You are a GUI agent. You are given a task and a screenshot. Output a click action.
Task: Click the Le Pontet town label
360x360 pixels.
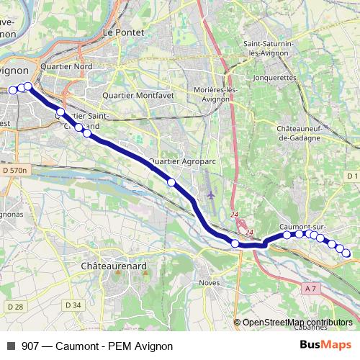pos(120,32)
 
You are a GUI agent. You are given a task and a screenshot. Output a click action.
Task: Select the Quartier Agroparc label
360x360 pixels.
pos(183,162)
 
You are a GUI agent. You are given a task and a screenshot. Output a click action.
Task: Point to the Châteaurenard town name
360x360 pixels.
pos(114,266)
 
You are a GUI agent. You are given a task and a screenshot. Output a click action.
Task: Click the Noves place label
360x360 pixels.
pos(210,282)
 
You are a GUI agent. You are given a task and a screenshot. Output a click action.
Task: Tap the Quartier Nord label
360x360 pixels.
pos(67,67)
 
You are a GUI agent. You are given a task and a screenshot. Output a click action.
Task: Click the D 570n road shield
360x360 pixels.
pos(14,171)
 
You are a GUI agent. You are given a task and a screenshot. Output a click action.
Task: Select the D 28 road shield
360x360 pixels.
pos(14,307)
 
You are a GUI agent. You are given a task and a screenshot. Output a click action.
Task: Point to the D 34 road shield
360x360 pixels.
pos(73,305)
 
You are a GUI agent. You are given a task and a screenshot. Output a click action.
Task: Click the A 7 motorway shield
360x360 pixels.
pos(310,289)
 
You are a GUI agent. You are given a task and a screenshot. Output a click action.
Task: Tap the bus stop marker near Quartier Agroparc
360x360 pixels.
pos(171,182)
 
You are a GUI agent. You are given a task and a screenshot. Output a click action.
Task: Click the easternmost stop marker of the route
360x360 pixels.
pos(346,253)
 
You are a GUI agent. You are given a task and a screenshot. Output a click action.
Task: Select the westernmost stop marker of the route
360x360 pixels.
pos(13,90)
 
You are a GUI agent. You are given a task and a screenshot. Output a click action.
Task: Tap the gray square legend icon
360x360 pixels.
pos(11,346)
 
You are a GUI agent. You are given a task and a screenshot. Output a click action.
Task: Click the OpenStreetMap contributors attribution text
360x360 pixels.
pos(297,323)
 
